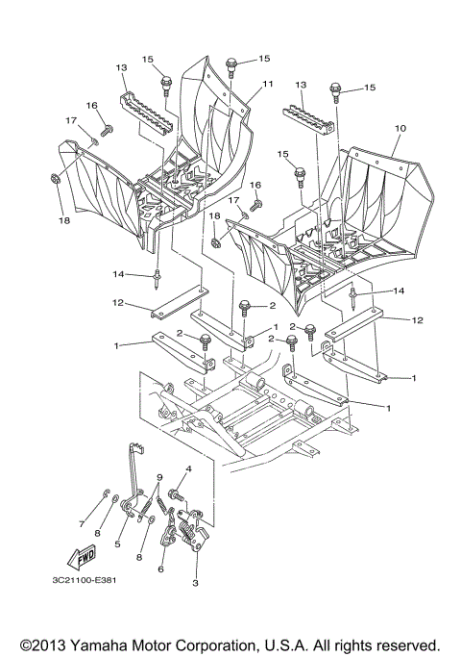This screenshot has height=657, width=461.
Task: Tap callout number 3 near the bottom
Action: (195, 583)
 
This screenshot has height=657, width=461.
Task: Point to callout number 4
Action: (189, 469)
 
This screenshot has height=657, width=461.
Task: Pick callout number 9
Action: (159, 478)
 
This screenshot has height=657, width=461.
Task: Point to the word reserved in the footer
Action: (406, 644)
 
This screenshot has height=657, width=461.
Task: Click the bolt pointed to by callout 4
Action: (176, 494)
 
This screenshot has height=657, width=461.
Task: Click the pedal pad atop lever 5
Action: (137, 444)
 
